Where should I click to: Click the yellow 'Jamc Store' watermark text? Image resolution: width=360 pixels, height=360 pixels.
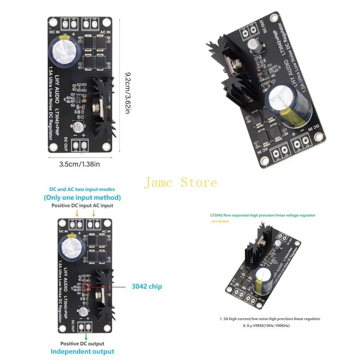pos(180,182)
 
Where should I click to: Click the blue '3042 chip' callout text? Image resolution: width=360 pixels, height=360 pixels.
pos(147,287)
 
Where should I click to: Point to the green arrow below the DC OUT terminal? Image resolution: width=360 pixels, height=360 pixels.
pos(86,337)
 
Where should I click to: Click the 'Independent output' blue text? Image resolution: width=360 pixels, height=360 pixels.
pos(82,352)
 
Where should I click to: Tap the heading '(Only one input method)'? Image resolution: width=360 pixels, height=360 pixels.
pos(82,198)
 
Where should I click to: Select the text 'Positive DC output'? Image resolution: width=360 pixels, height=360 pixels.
pos(82,343)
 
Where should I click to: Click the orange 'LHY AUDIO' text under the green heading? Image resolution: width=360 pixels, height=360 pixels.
pos(220,221)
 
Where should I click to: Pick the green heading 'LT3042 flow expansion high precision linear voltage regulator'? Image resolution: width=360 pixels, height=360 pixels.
pos(263,215)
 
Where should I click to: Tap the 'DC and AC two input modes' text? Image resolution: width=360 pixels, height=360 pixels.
pos(82,189)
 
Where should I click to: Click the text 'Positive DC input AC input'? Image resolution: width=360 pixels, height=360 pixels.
pos(82,206)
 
